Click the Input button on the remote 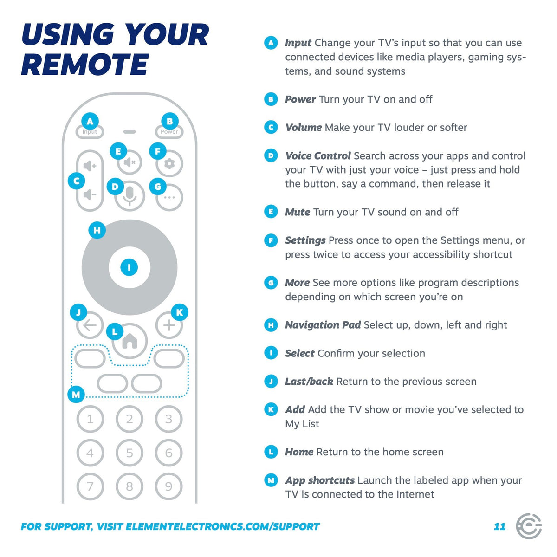[x=90, y=132]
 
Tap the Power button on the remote [x=169, y=132]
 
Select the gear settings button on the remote [x=169, y=164]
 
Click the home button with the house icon [x=130, y=341]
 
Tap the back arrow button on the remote [x=90, y=325]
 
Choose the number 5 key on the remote [x=130, y=453]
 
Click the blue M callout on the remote [x=76, y=395]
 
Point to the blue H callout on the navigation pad [x=97, y=230]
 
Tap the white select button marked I [x=129, y=267]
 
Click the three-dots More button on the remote [x=169, y=198]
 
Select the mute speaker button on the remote [x=130, y=163]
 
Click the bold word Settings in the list [x=305, y=240]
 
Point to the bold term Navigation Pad [x=323, y=325]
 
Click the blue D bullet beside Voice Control [x=271, y=156]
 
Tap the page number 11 [x=499, y=526]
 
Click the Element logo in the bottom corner [x=529, y=526]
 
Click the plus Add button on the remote [x=169, y=325]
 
